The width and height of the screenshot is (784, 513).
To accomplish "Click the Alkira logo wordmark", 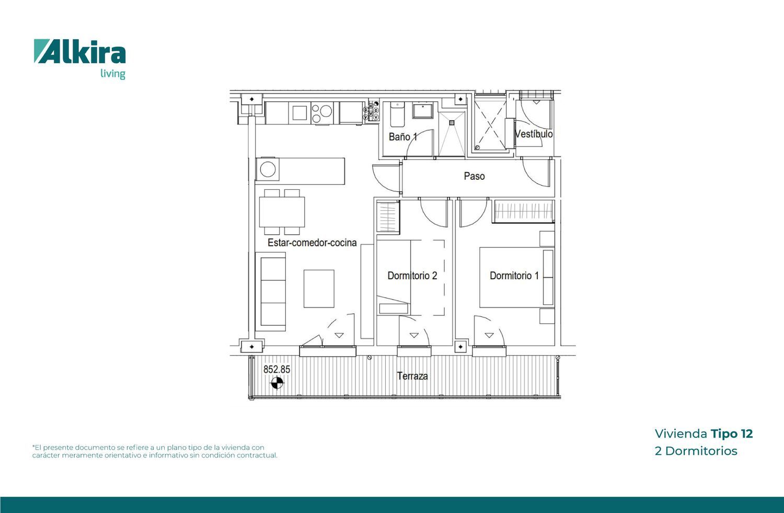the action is tap(80, 51).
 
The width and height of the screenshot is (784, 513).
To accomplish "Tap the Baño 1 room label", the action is tap(403, 136).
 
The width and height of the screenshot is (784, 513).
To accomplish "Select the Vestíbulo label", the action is tap(534, 134).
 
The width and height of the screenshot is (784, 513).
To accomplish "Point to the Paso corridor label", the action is tap(474, 176).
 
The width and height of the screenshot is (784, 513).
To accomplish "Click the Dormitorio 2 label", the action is tap(412, 276).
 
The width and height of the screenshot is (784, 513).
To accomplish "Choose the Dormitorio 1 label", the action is tap(514, 276).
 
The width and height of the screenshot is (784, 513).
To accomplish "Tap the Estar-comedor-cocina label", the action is tap(312, 243).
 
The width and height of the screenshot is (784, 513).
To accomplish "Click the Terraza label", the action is tap(412, 376).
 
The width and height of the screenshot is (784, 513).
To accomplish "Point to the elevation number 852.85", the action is tap(277, 369).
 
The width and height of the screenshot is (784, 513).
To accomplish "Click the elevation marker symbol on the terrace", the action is tap(277, 383).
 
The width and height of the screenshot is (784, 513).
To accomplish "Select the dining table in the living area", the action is tap(282, 212).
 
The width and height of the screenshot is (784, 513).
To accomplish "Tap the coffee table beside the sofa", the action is tap(319, 289).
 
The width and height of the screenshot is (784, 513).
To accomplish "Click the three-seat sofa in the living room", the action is tap(271, 291).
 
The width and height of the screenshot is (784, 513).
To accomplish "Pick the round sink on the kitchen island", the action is tap(268, 169).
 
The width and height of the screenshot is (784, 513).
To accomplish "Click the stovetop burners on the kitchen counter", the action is tap(322, 113).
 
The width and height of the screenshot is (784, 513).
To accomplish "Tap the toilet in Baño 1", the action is tap(397, 114).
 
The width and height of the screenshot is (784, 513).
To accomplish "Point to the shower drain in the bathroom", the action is tap(452, 122).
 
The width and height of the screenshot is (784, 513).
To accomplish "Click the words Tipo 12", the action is tap(732, 434).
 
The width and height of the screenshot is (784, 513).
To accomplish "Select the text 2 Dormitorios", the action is tap(696, 451).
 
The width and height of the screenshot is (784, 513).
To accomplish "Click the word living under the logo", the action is tap(113, 74).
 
